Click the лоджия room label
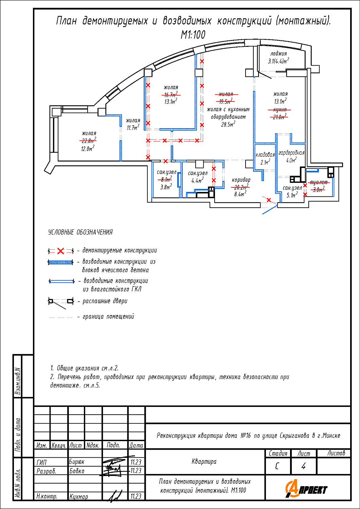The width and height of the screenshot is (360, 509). (x=278, y=54)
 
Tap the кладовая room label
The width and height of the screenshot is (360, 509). (x=265, y=155)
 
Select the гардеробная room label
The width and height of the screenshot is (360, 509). (x=291, y=153)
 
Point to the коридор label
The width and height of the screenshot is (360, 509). (x=241, y=180)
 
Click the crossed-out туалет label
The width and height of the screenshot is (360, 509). (x=319, y=182)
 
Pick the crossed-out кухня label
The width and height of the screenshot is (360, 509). (x=280, y=110)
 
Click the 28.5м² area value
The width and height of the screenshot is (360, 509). (x=228, y=124)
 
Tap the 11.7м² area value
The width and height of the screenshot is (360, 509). (x=133, y=127)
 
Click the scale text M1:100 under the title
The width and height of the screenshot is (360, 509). (x=193, y=35)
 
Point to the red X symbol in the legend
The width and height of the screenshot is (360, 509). (x=61, y=251)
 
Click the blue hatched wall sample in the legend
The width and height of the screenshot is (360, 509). (x=60, y=262)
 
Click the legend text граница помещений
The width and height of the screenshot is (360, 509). (x=108, y=316)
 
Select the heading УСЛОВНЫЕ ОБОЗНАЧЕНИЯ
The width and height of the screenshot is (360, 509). (x=80, y=232)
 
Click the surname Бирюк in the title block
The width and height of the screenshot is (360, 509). (x=77, y=462)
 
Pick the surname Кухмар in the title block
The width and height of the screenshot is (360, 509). (x=79, y=496)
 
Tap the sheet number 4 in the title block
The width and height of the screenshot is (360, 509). (x=303, y=466)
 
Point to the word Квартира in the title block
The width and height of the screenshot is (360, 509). (x=204, y=461)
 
